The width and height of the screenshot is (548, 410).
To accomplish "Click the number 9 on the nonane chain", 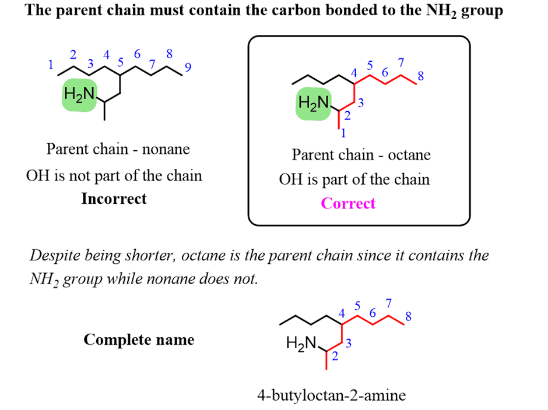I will [187, 68].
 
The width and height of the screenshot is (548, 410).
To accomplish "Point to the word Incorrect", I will [114, 199].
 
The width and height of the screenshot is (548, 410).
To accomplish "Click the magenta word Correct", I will [348, 203].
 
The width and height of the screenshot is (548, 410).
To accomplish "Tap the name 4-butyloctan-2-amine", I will [331, 396].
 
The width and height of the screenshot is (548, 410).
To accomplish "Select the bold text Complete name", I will [139, 340].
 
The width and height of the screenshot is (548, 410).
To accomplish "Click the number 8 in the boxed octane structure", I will [421, 76].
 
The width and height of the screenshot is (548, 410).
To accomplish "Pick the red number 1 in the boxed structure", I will [343, 133].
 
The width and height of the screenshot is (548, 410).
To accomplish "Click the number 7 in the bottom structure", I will [389, 302].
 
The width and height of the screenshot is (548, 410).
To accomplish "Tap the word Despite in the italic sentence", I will [54, 255].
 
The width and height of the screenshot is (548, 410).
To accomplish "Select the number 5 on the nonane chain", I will [121, 62].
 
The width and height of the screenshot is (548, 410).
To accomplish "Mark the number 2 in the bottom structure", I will [335, 357].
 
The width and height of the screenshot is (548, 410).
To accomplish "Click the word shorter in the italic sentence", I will [158, 255].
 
